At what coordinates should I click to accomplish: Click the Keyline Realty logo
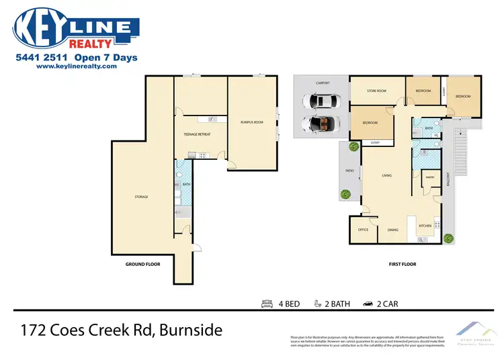click(76, 29)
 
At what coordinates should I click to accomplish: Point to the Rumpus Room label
click(251, 122)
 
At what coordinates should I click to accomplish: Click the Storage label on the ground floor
click(140, 197)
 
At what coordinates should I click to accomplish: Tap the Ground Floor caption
click(143, 264)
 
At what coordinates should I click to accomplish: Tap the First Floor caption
click(403, 264)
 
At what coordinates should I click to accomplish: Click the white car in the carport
click(325, 101)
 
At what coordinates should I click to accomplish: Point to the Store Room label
click(376, 91)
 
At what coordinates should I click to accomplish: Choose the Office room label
click(363, 230)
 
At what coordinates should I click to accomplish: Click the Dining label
click(392, 230)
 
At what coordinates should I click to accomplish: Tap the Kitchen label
click(425, 226)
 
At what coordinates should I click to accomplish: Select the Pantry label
click(430, 177)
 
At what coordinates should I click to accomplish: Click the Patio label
click(349, 170)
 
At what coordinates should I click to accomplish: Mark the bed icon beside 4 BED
click(266, 304)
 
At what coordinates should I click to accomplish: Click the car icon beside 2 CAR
click(368, 304)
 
